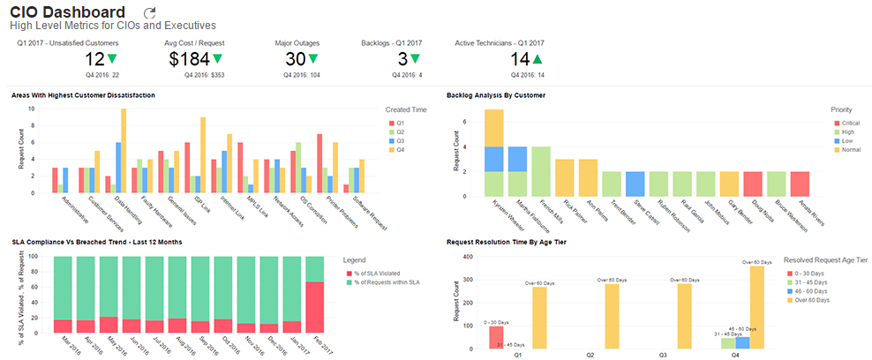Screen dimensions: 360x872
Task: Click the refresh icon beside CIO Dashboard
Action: pos(149,13)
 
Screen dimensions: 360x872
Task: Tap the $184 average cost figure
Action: pos(190,59)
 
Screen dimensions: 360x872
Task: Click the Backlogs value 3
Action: pos(402,59)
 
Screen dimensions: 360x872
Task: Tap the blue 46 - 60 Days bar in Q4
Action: pos(742,342)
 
